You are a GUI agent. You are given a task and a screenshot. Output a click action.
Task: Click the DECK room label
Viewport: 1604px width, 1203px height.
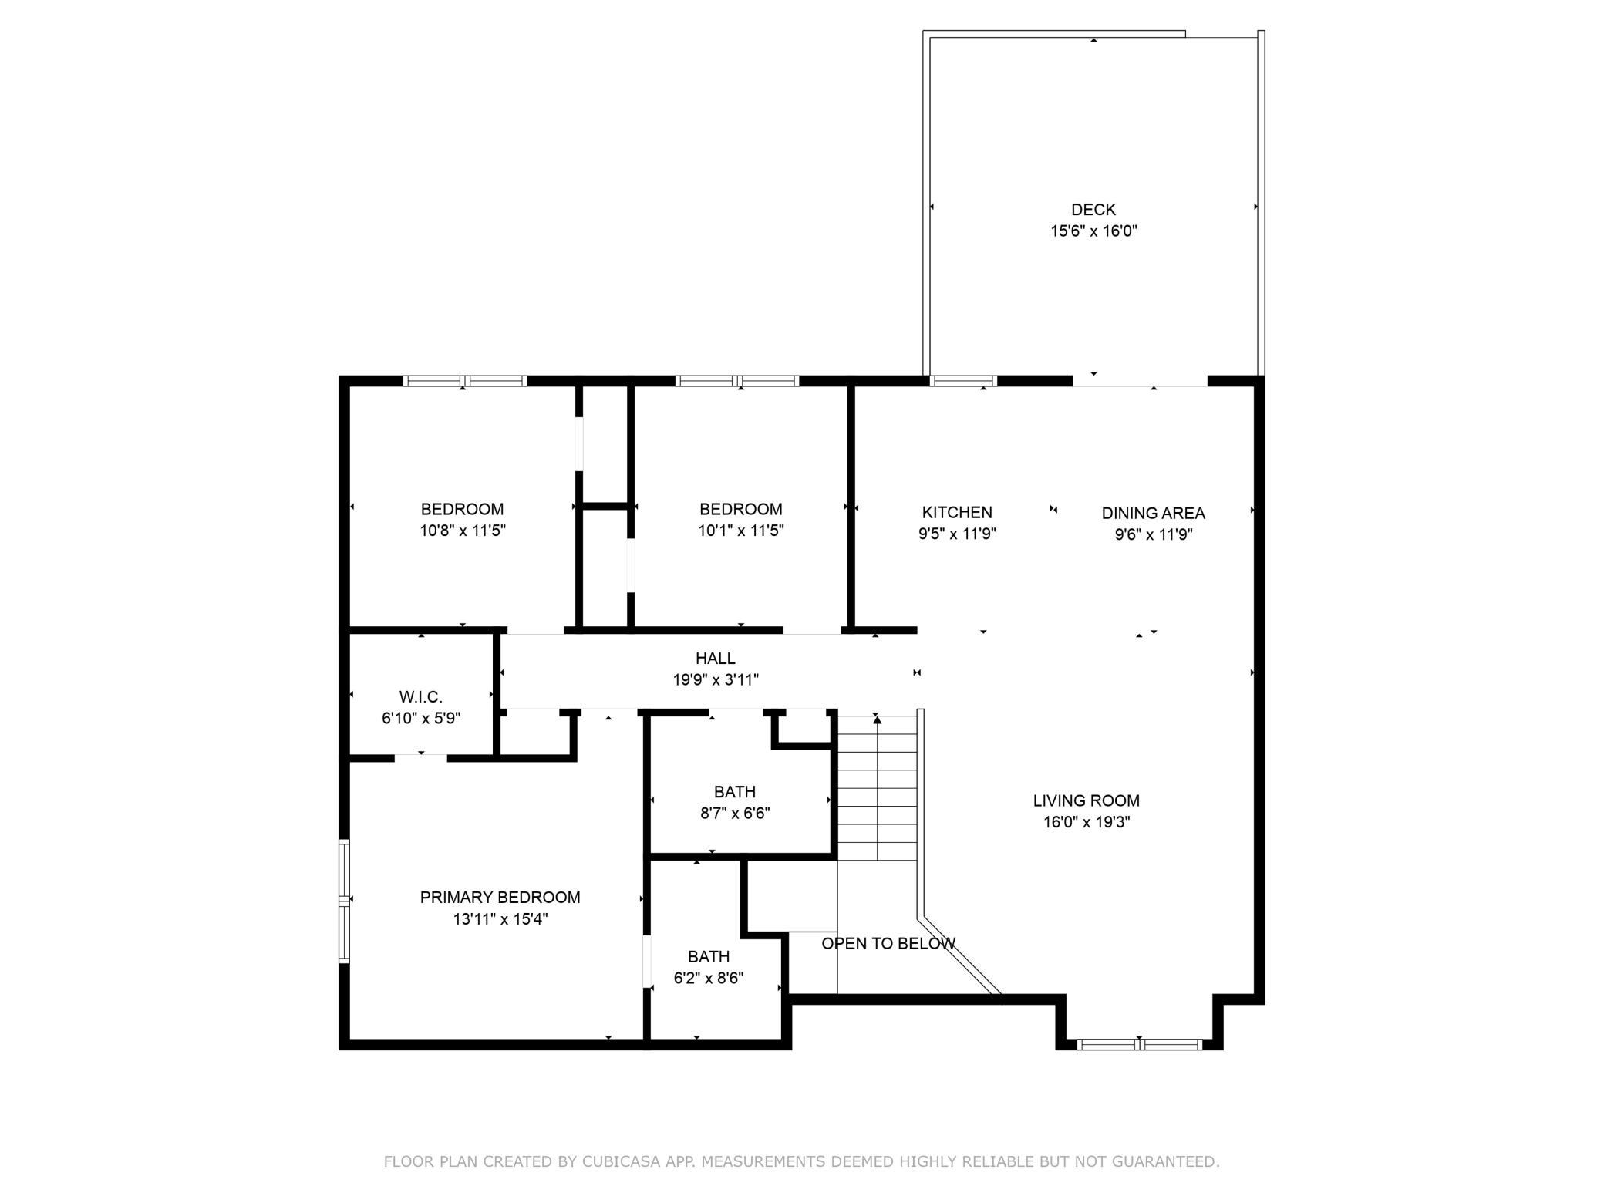(x=1093, y=209)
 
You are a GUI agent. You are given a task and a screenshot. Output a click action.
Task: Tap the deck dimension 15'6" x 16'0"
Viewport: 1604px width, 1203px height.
(x=1093, y=231)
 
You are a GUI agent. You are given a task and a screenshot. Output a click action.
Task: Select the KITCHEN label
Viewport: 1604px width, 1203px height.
(x=957, y=512)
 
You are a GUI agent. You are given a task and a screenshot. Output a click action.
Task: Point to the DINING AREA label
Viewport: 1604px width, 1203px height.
(x=1153, y=513)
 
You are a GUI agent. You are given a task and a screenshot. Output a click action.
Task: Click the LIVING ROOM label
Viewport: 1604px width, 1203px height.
(x=1087, y=800)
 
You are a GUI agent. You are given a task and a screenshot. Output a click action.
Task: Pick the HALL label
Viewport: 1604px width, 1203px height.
(x=716, y=658)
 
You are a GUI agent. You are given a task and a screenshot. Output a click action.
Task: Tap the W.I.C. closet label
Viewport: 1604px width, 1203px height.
(x=421, y=697)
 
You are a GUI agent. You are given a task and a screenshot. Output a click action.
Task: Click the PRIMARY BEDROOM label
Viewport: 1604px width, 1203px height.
(x=500, y=897)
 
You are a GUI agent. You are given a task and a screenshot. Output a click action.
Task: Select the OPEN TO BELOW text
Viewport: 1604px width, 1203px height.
(x=888, y=943)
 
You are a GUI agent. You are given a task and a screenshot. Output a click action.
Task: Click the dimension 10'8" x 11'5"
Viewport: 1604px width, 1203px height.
(x=463, y=531)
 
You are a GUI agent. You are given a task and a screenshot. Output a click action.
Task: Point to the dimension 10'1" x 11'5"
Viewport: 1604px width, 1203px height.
(x=741, y=531)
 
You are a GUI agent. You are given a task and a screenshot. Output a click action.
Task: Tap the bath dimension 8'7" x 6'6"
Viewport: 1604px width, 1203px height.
(x=735, y=813)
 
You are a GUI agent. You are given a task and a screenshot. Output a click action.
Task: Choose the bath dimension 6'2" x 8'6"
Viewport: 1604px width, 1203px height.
(x=709, y=978)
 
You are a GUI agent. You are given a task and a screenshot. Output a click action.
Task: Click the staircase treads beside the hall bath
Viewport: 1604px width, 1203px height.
(x=877, y=787)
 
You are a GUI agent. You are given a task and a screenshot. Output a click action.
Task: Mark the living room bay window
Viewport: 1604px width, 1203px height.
(x=1139, y=1045)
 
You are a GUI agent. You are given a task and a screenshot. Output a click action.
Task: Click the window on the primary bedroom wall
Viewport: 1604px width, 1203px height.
(x=345, y=901)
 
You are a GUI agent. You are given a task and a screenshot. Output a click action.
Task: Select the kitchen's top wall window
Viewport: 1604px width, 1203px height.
(x=963, y=380)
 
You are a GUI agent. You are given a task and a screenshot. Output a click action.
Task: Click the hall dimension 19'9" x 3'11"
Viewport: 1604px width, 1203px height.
(x=716, y=679)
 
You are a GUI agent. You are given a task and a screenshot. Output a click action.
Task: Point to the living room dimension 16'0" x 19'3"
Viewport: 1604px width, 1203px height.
(x=1087, y=822)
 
